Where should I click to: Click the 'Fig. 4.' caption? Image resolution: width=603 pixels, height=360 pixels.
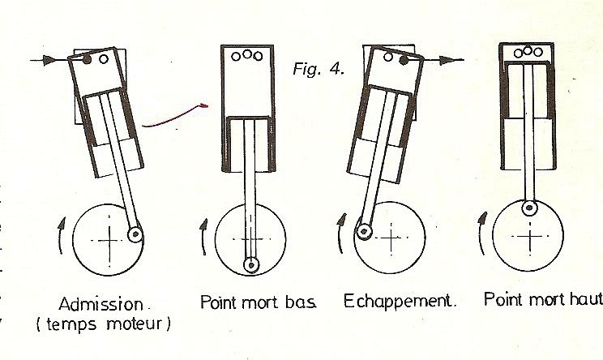coord(319,69)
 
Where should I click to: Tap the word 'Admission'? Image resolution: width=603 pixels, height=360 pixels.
coord(100,305)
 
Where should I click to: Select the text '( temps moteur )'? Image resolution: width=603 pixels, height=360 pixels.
coord(103,324)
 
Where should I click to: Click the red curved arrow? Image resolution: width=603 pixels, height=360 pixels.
coord(175,116)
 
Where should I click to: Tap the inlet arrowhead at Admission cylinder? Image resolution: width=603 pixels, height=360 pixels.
coord(48,60)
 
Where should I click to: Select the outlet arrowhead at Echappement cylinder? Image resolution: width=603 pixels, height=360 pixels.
coord(446,60)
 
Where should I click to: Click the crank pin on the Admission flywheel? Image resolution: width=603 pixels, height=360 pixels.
coord(135,234)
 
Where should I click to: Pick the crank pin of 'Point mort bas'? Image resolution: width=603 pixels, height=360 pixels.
coord(251,265)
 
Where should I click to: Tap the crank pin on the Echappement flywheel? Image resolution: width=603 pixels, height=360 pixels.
coord(363,232)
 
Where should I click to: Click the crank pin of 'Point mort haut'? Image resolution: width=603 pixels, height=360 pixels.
coord(529,208)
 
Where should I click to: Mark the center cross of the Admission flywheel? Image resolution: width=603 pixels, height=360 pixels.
coord(109,241)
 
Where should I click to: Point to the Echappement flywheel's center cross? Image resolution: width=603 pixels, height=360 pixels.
coord(391,238)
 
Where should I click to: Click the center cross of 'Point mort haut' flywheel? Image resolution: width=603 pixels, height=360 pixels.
coord(530,237)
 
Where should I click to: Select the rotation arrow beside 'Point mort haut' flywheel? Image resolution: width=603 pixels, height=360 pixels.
coord(481,233)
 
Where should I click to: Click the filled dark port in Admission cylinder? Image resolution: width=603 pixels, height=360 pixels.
coord(87,59)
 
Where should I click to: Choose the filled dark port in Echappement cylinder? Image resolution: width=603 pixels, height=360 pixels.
coord(403,60)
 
